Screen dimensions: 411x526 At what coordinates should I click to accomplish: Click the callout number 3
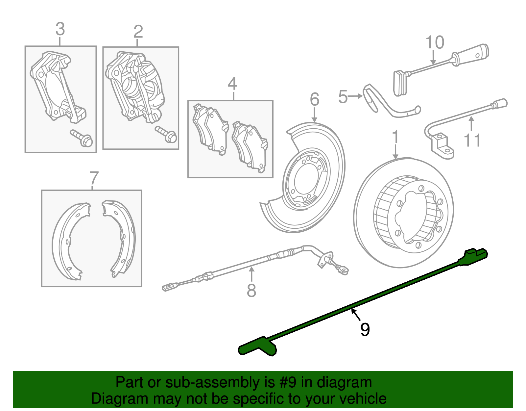(x=60, y=29)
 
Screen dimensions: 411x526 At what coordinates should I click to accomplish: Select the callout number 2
(x=138, y=32)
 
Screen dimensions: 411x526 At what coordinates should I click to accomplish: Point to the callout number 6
(x=314, y=99)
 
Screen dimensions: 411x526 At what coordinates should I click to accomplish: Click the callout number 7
(x=94, y=178)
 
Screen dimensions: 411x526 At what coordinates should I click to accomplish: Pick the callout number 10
(x=435, y=43)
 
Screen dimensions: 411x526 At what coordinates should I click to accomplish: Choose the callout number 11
(x=472, y=140)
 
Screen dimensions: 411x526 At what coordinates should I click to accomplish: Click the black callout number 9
(x=365, y=329)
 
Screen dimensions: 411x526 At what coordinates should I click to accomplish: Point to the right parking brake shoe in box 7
(x=120, y=237)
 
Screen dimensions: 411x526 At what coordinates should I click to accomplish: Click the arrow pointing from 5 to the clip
(x=355, y=96)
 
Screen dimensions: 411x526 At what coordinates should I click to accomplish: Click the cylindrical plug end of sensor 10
(x=473, y=53)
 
